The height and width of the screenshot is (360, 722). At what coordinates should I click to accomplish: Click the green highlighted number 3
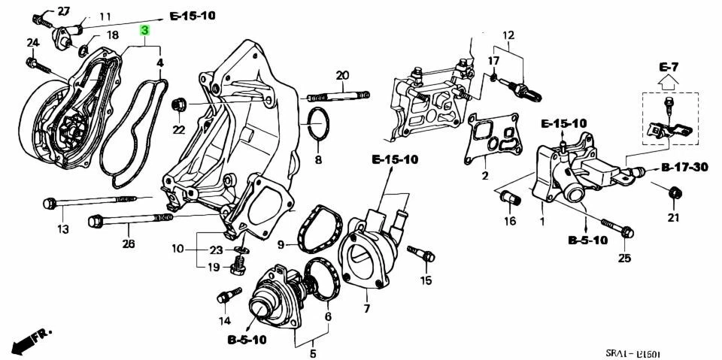coord(145,30)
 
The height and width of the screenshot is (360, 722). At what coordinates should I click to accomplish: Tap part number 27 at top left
coord(63,11)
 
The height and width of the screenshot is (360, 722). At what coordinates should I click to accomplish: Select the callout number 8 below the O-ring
coord(318,160)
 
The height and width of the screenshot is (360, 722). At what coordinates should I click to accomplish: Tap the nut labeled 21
coord(675,194)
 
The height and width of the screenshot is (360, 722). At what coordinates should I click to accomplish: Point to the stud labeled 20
coord(338,95)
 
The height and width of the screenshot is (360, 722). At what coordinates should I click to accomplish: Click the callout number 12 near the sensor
coord(508,35)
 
